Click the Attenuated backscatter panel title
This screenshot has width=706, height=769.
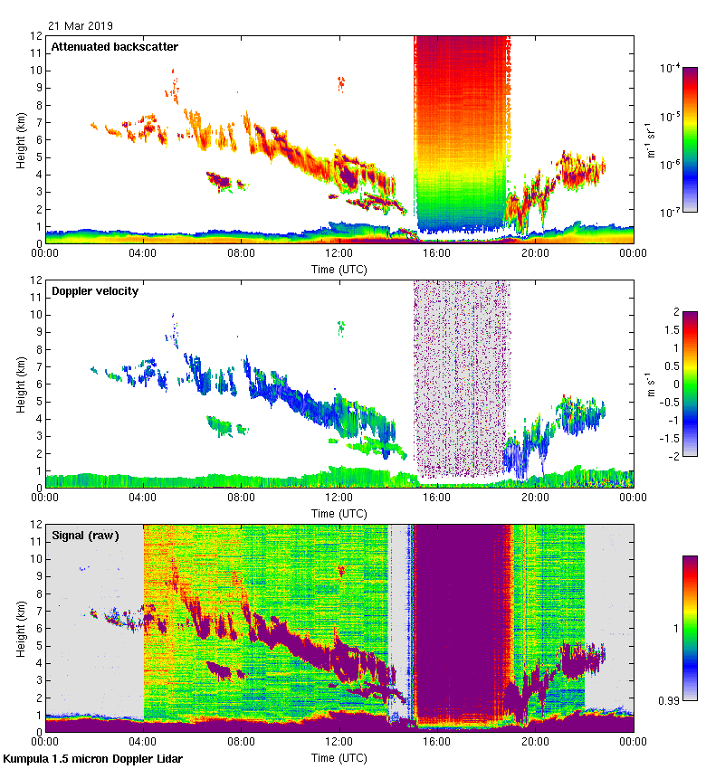(x=115, y=46)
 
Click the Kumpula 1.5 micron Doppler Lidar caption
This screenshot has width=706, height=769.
(x=92, y=758)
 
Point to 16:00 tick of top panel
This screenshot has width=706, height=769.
(x=437, y=252)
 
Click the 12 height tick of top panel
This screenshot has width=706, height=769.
(x=35, y=36)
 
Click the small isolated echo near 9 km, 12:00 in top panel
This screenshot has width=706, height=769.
(x=341, y=84)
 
